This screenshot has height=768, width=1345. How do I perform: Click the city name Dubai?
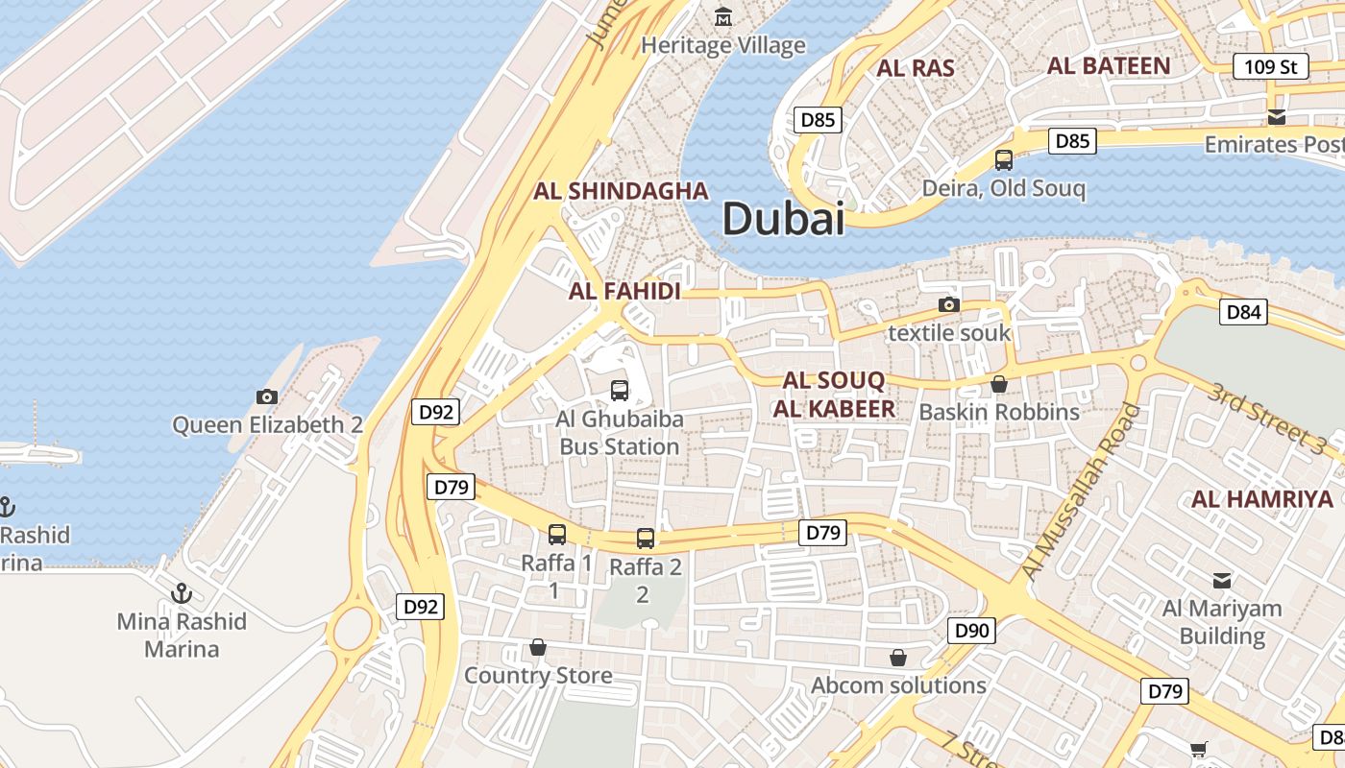783,219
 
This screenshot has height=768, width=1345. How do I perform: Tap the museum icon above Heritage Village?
723,16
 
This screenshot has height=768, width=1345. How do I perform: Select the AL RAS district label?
916,68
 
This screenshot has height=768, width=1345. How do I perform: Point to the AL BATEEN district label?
1109,66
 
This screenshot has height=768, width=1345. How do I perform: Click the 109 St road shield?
1271,66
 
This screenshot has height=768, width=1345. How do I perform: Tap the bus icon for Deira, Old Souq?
1004,159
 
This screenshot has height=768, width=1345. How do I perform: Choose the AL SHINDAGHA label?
621,191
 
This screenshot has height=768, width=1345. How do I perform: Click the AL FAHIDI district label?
624,291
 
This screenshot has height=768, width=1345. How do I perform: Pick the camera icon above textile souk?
949,304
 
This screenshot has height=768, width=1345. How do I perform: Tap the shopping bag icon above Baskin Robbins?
999,384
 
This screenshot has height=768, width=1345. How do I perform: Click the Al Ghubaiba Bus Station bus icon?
620,391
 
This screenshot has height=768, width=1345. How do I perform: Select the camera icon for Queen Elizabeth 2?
267,396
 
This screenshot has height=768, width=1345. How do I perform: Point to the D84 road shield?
1243,312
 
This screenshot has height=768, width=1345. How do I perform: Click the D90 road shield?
971,631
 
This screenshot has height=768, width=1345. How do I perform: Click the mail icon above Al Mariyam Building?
1222,580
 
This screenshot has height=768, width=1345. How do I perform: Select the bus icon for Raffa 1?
557,535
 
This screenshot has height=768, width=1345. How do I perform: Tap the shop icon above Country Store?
538,648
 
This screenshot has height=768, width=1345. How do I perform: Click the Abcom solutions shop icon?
898,658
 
